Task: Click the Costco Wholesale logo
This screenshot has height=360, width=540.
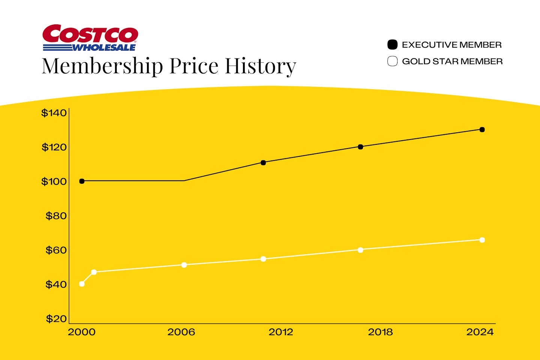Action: tap(90, 38)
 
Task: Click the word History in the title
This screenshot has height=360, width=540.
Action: tap(260, 66)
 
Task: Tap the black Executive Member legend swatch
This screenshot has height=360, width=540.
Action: tap(392, 45)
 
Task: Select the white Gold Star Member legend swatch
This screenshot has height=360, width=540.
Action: tap(392, 61)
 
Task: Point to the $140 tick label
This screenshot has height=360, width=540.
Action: tap(54, 113)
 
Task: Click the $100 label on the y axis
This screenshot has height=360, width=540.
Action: tap(54, 181)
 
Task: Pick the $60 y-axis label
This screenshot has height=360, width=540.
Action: tap(56, 250)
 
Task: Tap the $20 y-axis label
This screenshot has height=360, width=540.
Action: tap(56, 319)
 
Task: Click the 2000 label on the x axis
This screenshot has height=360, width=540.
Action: tap(81, 332)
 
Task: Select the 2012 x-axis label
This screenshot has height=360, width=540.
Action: tap(281, 332)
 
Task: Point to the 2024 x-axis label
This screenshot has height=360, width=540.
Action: tap(480, 332)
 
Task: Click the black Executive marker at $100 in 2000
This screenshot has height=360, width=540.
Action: tap(82, 181)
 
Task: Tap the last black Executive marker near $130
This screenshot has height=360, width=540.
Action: tap(482, 130)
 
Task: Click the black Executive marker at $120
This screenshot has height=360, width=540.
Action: tap(360, 147)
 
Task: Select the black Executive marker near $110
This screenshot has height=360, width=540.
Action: tap(263, 163)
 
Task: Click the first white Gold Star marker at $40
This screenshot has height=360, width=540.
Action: tap(82, 284)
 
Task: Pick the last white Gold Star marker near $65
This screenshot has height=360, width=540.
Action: tap(482, 240)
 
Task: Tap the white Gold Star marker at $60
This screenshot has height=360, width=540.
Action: tap(360, 250)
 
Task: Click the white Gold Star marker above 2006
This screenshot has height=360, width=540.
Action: tap(184, 265)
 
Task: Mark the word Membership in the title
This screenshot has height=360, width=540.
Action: tap(102, 66)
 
